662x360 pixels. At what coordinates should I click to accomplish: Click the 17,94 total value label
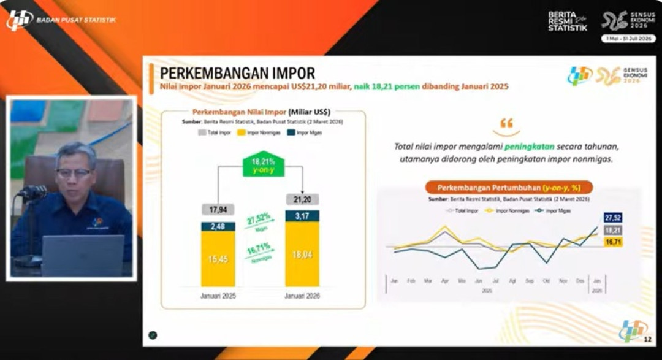218,210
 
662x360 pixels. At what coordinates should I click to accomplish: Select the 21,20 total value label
302,199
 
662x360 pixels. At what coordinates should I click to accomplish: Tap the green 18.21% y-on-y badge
264,164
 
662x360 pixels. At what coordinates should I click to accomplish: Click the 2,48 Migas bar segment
218,226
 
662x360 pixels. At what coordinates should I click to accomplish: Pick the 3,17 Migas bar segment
302,215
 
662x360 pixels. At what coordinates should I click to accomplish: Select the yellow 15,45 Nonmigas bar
218,259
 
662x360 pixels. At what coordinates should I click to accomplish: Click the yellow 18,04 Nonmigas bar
302,255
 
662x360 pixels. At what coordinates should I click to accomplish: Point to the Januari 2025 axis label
218,296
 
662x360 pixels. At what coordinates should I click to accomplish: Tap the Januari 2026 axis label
302,296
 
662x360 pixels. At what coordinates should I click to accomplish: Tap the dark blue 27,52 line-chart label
613,218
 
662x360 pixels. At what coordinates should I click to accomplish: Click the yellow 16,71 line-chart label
613,242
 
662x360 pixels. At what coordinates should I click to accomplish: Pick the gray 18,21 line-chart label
613,230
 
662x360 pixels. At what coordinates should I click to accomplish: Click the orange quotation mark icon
506,123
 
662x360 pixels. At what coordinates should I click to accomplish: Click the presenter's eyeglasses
74,172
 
